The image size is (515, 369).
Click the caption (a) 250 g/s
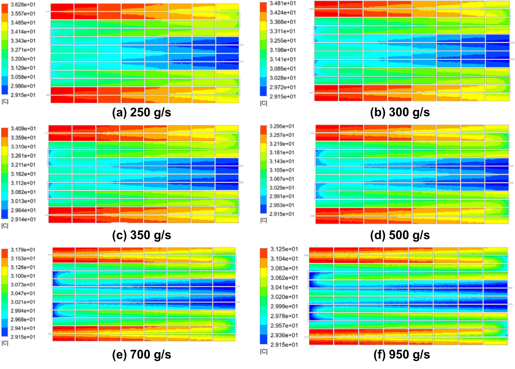[141, 112]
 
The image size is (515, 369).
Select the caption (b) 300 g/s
[400, 112]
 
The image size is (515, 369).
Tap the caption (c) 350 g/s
[141, 235]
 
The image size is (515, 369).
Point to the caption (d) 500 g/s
[400, 235]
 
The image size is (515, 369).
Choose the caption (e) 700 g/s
[141, 355]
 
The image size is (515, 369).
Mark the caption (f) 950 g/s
[401, 355]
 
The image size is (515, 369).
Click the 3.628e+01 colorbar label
[23, 5]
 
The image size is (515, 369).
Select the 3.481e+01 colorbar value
[283, 3]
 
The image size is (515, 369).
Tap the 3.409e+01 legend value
[23, 129]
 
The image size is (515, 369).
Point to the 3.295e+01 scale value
[282, 126]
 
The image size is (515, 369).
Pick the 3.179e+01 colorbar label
[23, 250]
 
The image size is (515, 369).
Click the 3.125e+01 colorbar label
[284, 249]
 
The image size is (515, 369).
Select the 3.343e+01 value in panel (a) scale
[23, 41]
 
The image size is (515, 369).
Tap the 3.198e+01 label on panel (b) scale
[283, 50]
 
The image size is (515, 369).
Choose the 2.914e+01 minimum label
[23, 219]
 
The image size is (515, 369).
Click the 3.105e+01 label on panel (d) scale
[282, 170]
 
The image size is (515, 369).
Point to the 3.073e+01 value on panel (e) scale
[23, 285]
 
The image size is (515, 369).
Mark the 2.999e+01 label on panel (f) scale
[284, 306]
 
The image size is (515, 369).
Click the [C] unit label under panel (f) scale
[264, 351]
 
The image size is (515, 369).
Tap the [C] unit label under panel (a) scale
[5, 101]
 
